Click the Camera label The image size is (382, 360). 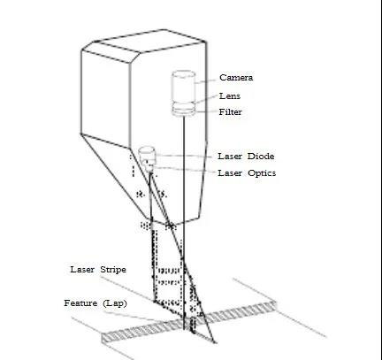point(236,78)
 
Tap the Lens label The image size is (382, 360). point(230,96)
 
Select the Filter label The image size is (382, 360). point(231,112)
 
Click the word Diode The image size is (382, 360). point(261,156)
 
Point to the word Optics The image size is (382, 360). point(262,173)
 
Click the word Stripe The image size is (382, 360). point(113,270)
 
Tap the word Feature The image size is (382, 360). point(80,303)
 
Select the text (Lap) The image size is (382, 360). point(115,303)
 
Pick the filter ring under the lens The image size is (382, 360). point(183,111)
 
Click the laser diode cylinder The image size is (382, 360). point(147,154)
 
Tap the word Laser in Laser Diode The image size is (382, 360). point(230,156)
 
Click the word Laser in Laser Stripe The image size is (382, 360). point(82,269)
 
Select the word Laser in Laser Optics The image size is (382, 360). point(230,172)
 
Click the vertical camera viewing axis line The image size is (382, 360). point(184,223)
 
